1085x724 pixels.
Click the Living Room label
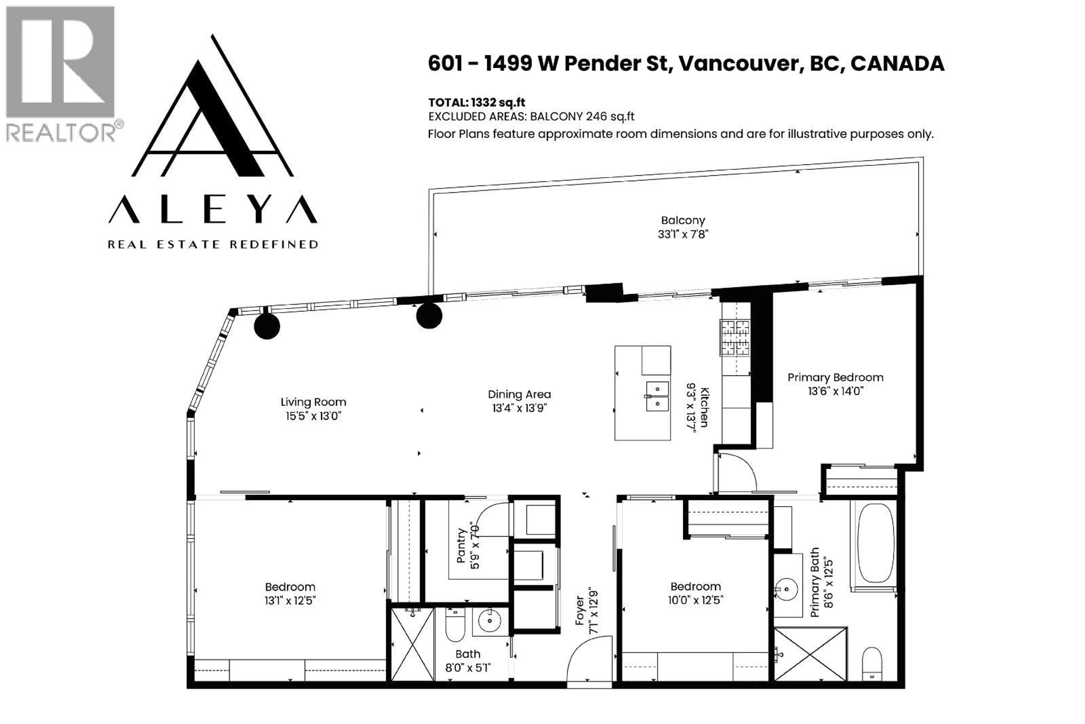coord(313,402)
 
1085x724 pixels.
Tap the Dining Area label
coord(519,394)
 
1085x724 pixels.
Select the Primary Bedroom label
coord(835,378)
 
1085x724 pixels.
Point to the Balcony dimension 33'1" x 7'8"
coord(683,234)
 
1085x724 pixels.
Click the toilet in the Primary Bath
coord(872,664)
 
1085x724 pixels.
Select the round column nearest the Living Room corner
coord(267,327)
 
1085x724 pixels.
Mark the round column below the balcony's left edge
coord(429,316)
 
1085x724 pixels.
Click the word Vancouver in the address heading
coord(738,63)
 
